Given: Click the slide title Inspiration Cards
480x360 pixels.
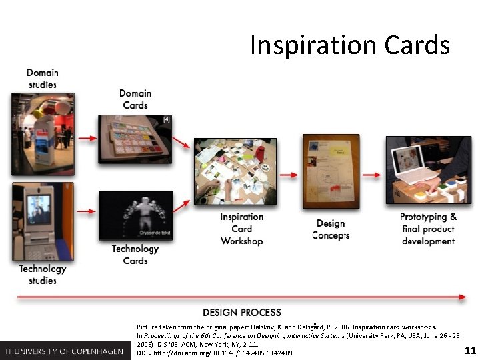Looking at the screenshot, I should (x=350, y=45).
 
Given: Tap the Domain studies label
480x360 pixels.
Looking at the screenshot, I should (x=43, y=79).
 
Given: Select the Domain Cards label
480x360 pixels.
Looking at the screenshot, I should (x=135, y=99).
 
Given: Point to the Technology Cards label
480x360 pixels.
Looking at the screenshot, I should (x=135, y=255).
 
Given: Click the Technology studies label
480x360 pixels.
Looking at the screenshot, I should (x=43, y=275).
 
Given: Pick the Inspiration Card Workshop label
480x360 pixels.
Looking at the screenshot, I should (x=242, y=229).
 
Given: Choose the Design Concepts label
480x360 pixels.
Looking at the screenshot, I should (x=331, y=229).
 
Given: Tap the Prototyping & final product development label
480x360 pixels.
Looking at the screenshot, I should (x=428, y=229).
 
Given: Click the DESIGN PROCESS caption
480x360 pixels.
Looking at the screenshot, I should (x=242, y=312).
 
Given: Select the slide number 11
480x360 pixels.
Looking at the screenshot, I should (x=470, y=351).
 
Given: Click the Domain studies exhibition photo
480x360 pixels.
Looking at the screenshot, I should (x=43, y=129).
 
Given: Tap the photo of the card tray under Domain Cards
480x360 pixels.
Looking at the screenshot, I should (x=135, y=139).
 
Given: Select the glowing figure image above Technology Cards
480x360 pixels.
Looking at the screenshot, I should (x=135, y=216).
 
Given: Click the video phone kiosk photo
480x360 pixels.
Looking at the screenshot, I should (x=43, y=221).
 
